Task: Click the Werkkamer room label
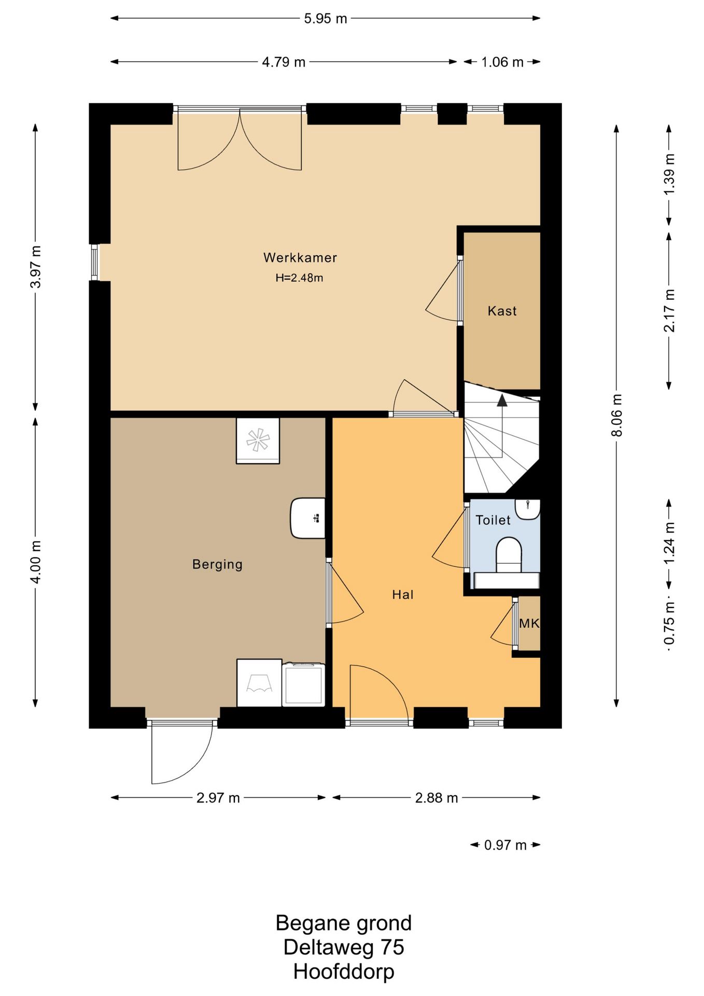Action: [x=300, y=257]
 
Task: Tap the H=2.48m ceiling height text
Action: [x=299, y=278]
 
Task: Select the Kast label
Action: [x=502, y=311]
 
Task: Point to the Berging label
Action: [x=217, y=564]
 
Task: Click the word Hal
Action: [x=403, y=594]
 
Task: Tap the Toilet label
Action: [x=493, y=520]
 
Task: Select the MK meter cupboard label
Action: [x=529, y=623]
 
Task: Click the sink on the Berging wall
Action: [x=308, y=518]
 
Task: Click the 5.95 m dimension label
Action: [x=325, y=19]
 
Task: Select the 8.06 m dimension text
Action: [x=616, y=415]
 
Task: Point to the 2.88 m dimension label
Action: [x=437, y=797]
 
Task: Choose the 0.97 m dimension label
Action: [x=505, y=845]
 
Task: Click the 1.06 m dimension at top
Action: [x=502, y=62]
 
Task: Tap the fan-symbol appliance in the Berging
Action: [x=258, y=440]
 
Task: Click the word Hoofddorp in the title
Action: [x=344, y=971]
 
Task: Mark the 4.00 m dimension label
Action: [x=35, y=562]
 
